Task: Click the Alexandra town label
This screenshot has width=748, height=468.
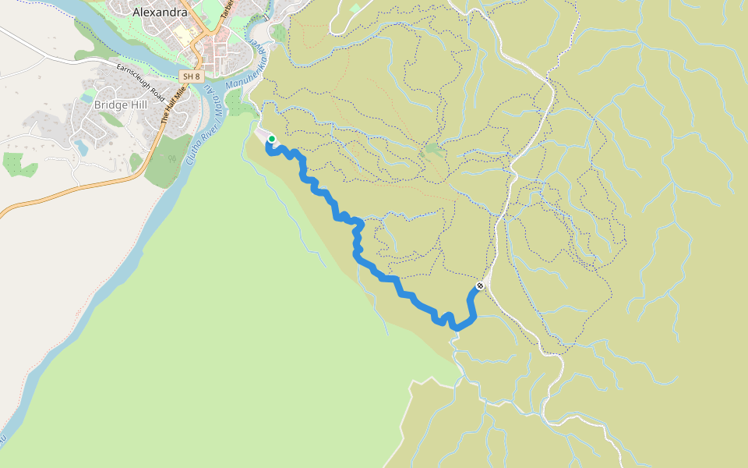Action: pos(160,12)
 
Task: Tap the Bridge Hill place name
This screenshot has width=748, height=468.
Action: pos(120,105)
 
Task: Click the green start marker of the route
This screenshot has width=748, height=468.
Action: pos(271,140)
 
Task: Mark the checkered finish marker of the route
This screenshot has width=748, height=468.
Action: pos(480,286)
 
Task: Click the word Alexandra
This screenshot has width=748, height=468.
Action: pos(160,12)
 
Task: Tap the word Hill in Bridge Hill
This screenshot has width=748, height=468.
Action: pos(139,105)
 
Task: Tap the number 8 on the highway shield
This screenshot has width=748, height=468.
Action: pos(196,76)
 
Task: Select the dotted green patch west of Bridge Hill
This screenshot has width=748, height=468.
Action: pos(19,165)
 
